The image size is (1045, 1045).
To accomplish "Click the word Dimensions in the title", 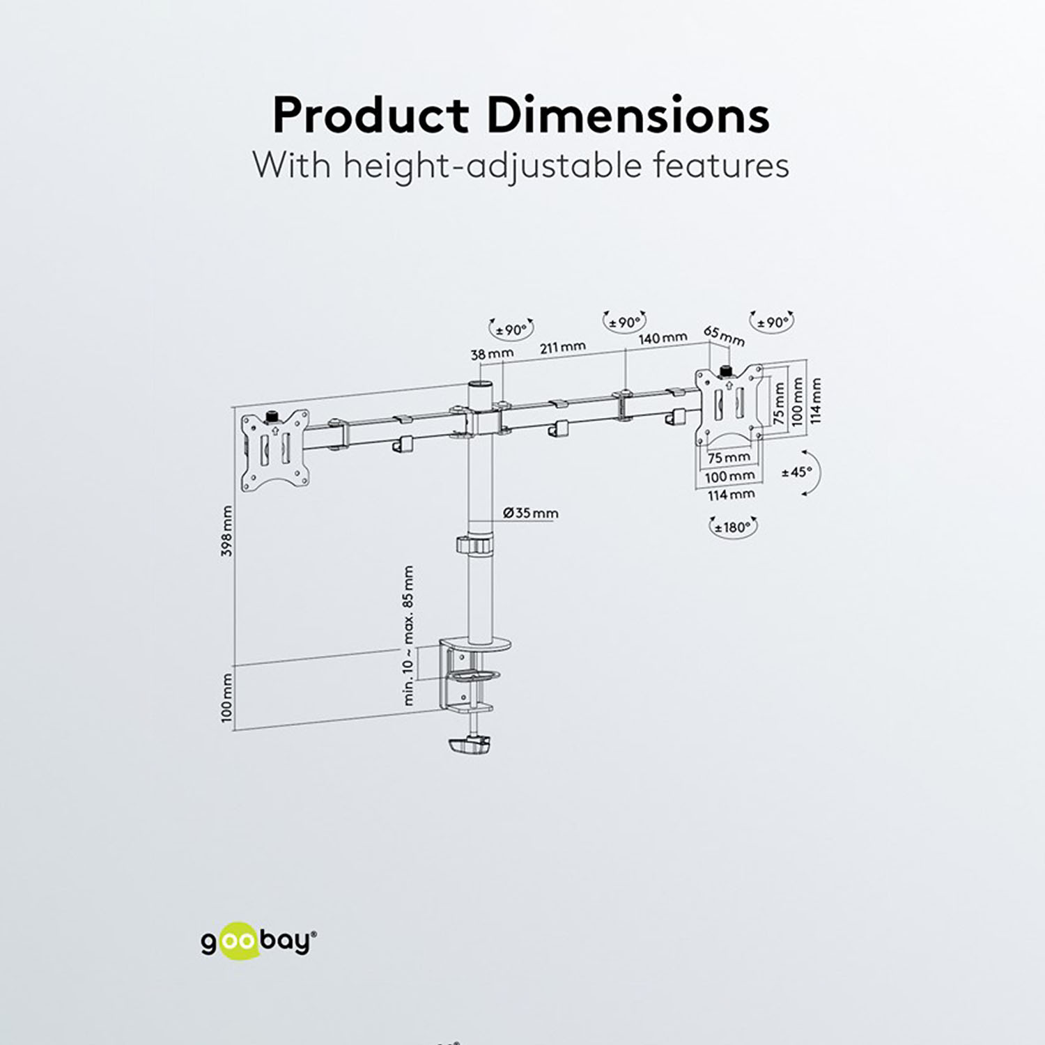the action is (x=628, y=115).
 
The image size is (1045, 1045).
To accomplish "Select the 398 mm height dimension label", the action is (x=226, y=531).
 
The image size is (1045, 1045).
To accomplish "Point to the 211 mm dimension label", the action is (x=563, y=347).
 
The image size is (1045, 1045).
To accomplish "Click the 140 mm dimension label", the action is (x=663, y=339).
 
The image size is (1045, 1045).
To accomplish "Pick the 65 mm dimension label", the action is (x=724, y=336).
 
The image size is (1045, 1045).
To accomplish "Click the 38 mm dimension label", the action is (x=492, y=354).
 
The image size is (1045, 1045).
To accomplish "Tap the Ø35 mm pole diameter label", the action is (x=530, y=513).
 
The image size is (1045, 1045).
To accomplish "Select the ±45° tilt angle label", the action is (x=797, y=472).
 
